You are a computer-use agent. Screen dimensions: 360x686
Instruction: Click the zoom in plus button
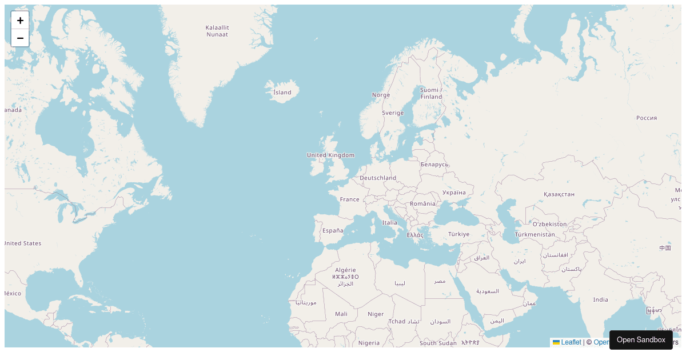pyautogui.click(x=20, y=21)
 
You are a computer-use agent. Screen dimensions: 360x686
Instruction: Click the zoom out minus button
pyautogui.click(x=20, y=38)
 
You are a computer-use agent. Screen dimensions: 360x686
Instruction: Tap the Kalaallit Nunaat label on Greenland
pyautogui.click(x=217, y=31)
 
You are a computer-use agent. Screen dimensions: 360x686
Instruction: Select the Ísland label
pyautogui.click(x=282, y=93)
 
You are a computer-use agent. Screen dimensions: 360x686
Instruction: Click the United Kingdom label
pyautogui.click(x=330, y=155)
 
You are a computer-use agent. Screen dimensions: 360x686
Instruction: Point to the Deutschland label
pyautogui.click(x=378, y=178)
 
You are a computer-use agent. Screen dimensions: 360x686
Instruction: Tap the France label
pyautogui.click(x=349, y=199)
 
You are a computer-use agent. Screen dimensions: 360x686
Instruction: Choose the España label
pyautogui.click(x=333, y=231)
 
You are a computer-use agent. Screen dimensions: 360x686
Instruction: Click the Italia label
pyautogui.click(x=389, y=223)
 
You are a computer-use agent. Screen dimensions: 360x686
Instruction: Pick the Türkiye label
pyautogui.click(x=458, y=234)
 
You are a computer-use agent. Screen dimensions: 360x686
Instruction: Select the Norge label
pyautogui.click(x=381, y=95)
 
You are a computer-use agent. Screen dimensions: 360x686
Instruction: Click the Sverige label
pyautogui.click(x=393, y=113)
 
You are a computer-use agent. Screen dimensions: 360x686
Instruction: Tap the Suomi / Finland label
pyautogui.click(x=431, y=93)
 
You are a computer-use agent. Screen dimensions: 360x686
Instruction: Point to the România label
pyautogui.click(x=422, y=204)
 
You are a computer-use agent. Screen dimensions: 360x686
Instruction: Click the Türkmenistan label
pyautogui.click(x=535, y=235)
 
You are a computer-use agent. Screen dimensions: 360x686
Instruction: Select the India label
pyautogui.click(x=600, y=300)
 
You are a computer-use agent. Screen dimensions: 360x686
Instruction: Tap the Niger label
pyautogui.click(x=376, y=314)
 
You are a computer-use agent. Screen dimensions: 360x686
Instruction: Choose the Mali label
pyautogui.click(x=341, y=314)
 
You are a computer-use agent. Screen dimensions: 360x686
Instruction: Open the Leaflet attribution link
pyautogui.click(x=571, y=342)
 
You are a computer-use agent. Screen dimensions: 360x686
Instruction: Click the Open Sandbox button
pyautogui.click(x=640, y=340)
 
